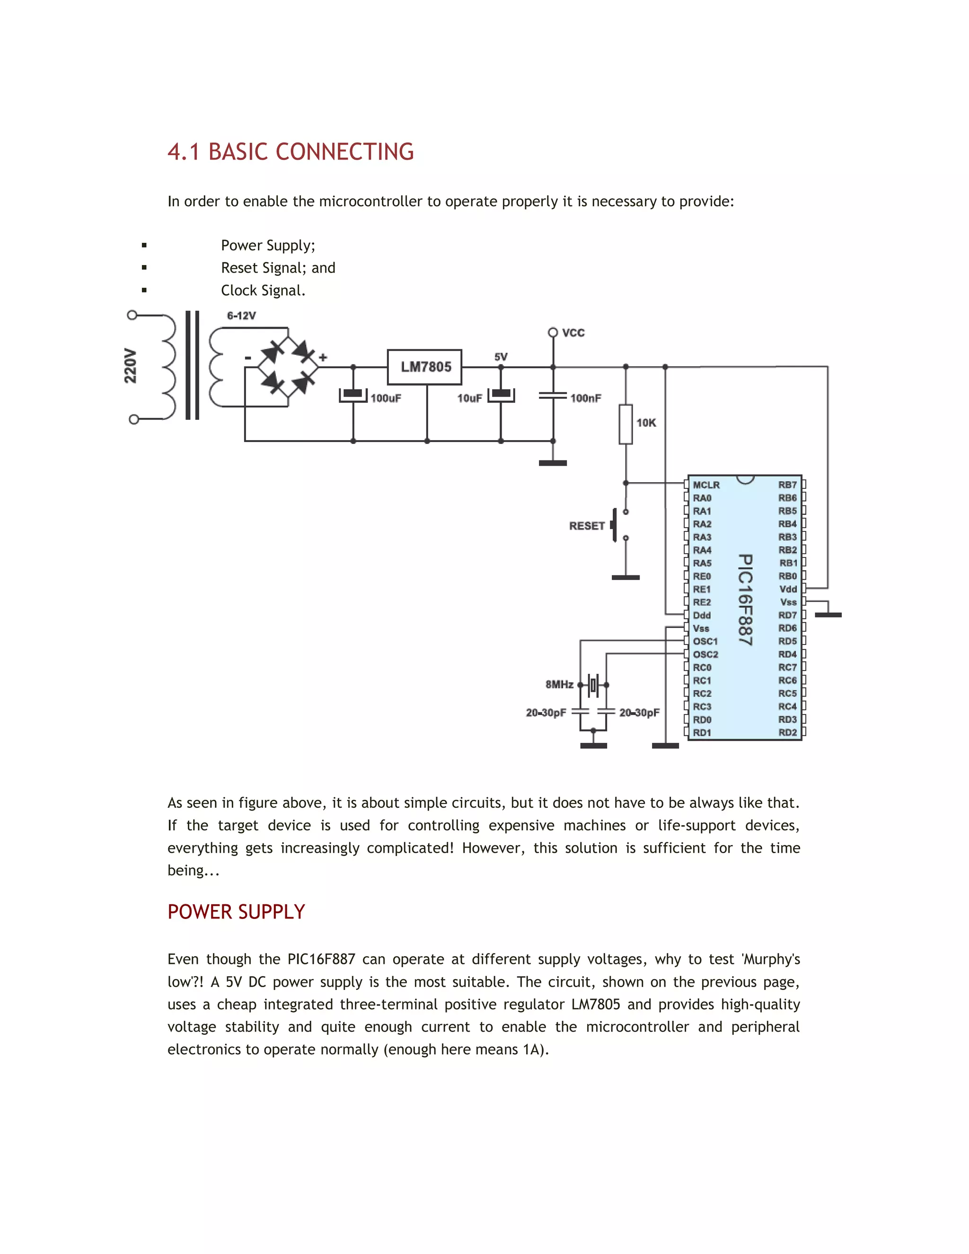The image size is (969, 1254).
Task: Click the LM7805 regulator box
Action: (x=424, y=367)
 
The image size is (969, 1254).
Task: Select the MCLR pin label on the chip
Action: (x=706, y=485)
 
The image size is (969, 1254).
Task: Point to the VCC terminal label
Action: (x=573, y=333)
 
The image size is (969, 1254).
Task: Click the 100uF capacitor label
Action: (x=386, y=398)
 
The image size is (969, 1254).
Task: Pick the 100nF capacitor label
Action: (x=586, y=398)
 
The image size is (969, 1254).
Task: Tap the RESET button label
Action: (x=587, y=526)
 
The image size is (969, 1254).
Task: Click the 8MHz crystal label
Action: (x=559, y=684)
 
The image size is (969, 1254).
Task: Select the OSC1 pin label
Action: (x=705, y=641)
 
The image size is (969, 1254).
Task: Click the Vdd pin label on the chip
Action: (x=788, y=589)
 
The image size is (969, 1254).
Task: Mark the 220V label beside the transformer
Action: (x=131, y=366)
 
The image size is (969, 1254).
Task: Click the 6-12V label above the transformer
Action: (x=241, y=316)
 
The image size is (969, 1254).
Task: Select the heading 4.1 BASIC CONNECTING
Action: (x=291, y=152)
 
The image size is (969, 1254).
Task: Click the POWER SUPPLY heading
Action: (x=236, y=912)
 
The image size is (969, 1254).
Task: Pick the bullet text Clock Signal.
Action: (x=263, y=291)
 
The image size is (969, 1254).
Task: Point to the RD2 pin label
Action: (x=788, y=733)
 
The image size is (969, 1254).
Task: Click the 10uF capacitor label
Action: (x=469, y=398)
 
